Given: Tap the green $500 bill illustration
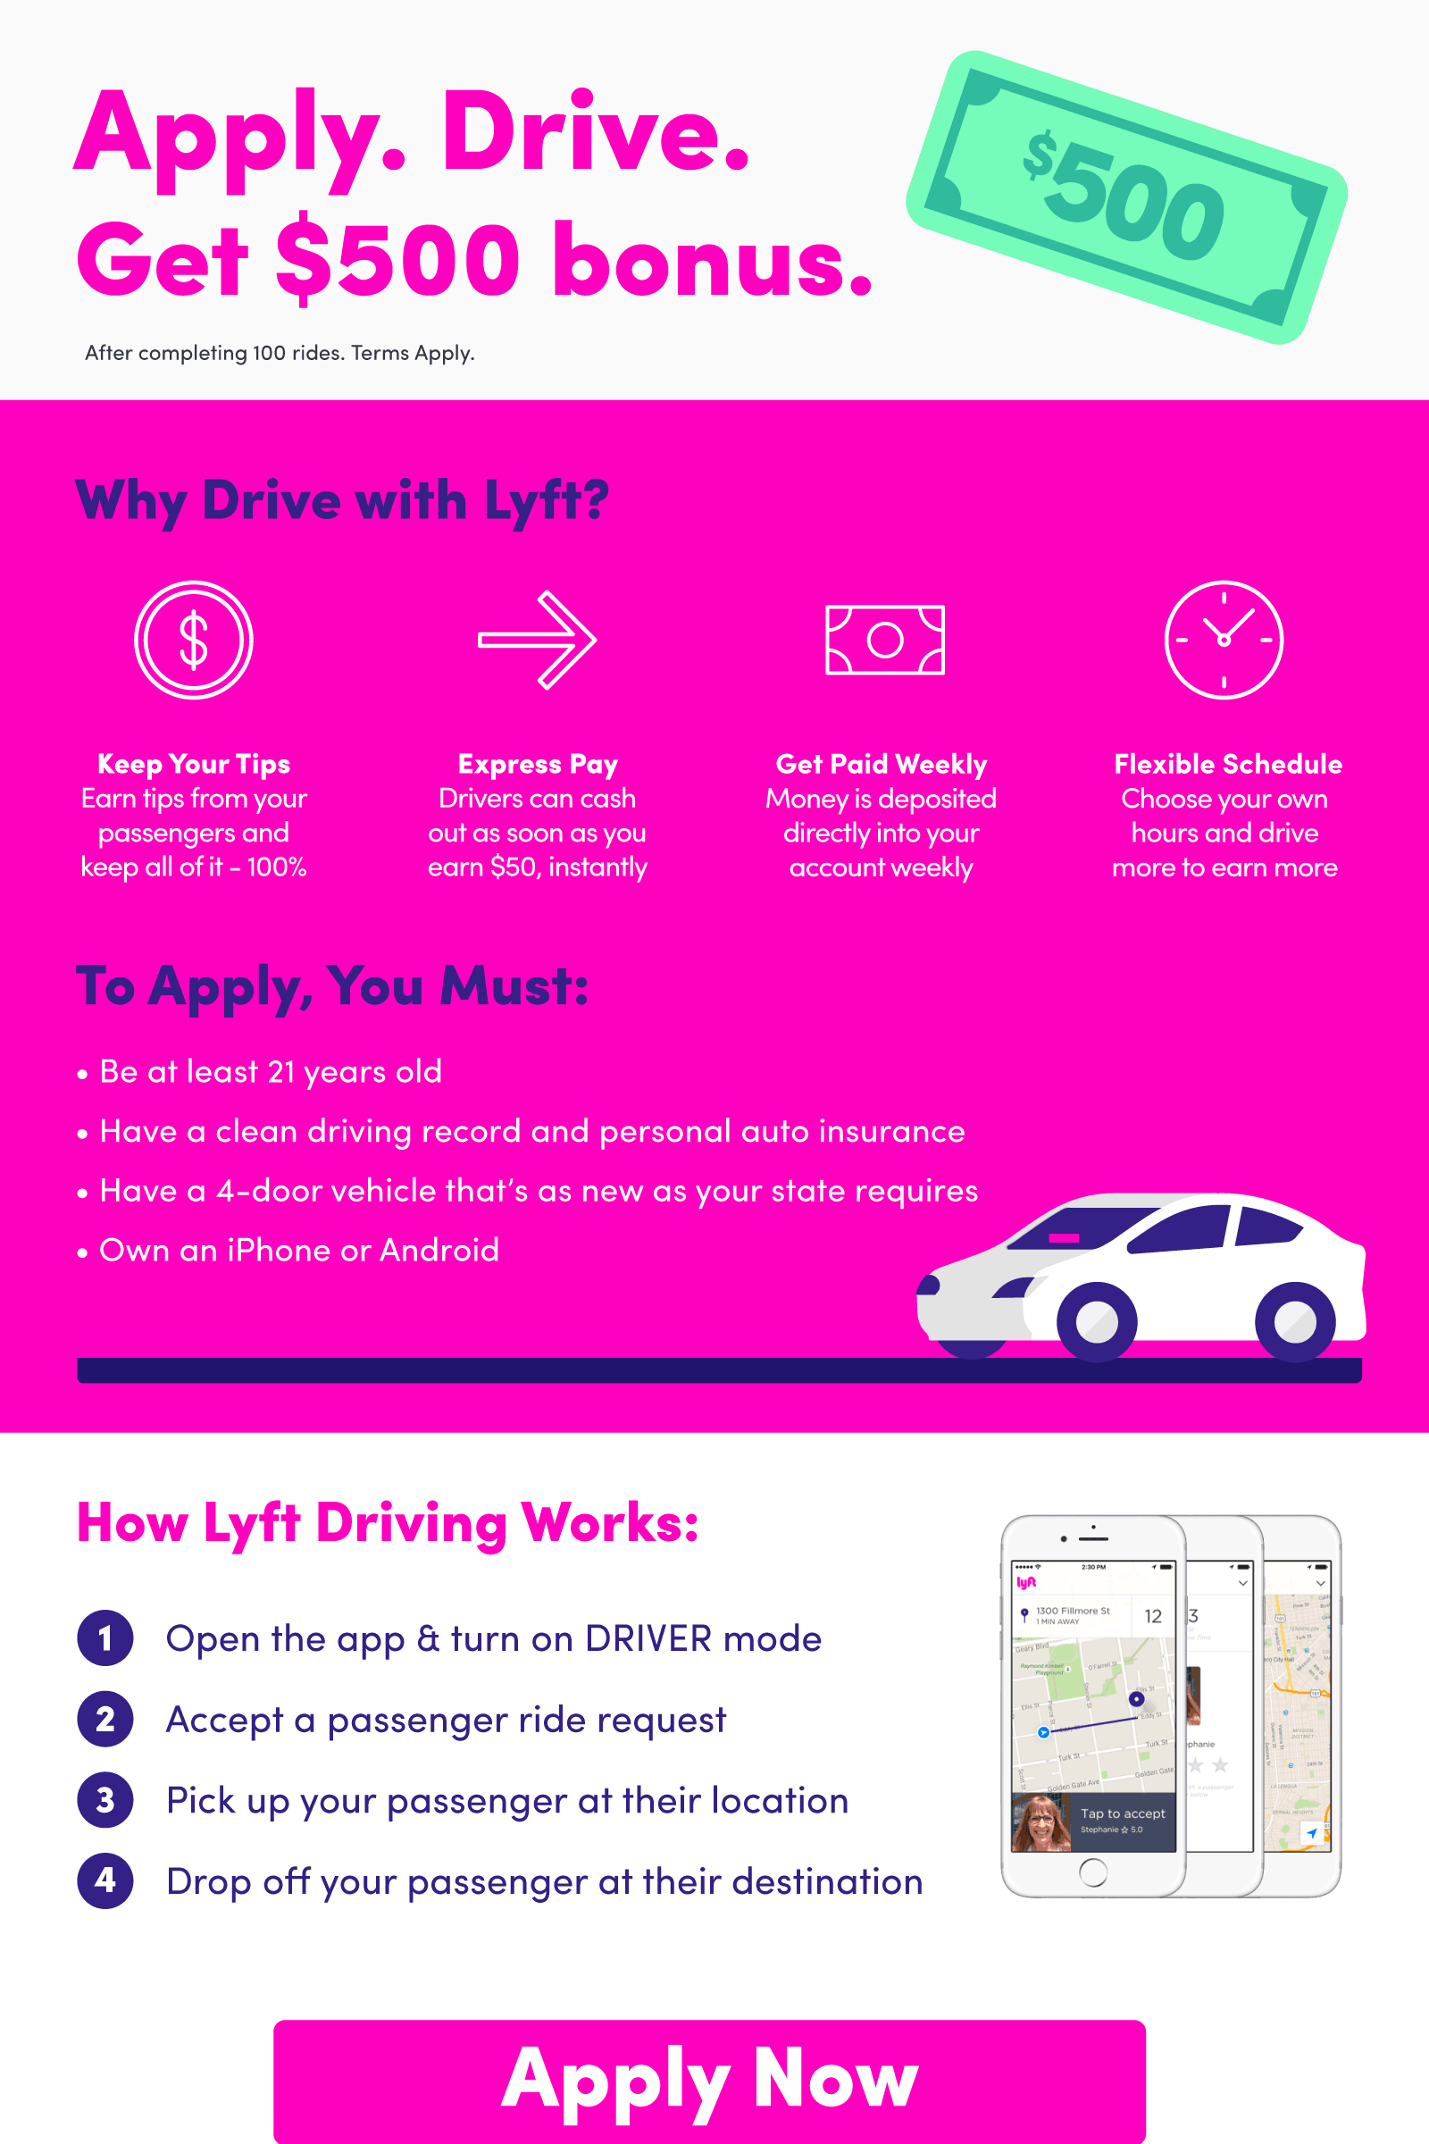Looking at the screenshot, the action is point(1126,197).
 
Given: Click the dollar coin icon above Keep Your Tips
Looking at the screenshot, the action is point(193,640).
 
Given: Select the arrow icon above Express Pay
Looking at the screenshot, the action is point(538,640).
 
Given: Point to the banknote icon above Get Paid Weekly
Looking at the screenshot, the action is point(884,640).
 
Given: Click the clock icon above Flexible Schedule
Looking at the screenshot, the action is point(1223,640).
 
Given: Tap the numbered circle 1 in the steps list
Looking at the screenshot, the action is point(105,1638).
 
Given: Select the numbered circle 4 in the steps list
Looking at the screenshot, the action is point(105,1880).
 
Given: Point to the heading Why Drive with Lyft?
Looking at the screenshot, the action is point(343,500).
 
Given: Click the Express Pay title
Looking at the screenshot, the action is point(538,764).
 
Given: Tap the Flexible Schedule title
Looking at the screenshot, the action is point(1227,764).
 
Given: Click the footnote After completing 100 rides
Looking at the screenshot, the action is point(280,353).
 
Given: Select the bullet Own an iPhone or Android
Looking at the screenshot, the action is point(299,1250).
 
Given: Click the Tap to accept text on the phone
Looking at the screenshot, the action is point(1123,1813).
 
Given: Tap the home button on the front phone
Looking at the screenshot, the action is point(1092,1872).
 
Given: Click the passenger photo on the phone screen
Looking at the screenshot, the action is point(1040,1823).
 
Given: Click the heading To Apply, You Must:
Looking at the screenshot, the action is point(332,986).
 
